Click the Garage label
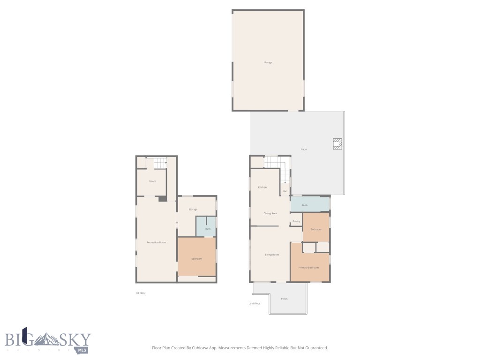268,62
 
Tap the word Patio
303,149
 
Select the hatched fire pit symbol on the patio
337,143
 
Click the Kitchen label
262,187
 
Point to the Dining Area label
270,213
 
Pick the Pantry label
296,221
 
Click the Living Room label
272,255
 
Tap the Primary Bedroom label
309,267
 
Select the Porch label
284,299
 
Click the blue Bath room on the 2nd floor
309,205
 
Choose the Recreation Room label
156,242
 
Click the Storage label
193,209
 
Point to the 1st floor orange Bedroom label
196,259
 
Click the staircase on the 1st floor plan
160,164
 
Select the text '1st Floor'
141,293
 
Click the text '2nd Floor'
255,304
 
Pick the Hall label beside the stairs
285,191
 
